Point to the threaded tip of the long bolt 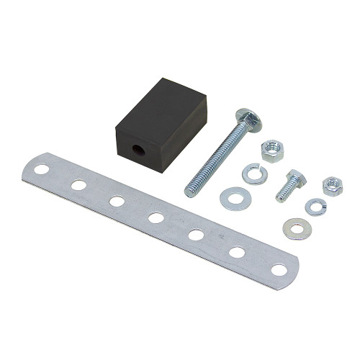click(192, 190)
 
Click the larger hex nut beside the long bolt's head click(272, 150)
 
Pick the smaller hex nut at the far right click(332, 186)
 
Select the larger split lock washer click(253, 173)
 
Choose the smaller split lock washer click(315, 207)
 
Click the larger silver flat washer click(233, 198)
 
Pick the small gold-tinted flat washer click(296, 228)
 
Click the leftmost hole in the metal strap click(42, 171)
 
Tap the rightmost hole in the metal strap click(278, 270)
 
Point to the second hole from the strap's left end click(78, 185)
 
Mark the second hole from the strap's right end click(237, 252)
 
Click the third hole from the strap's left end click(117, 201)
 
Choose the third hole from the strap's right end click(196, 235)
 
